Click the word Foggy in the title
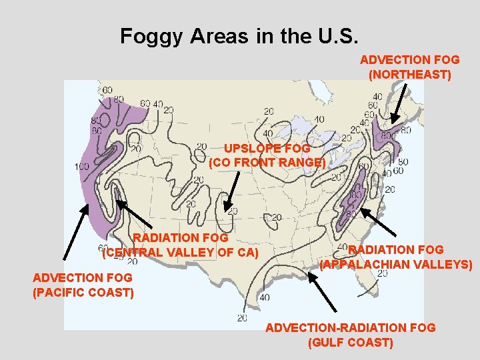152,36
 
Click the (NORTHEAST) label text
409,75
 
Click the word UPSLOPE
248,149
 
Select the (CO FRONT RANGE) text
267,162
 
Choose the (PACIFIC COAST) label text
83,292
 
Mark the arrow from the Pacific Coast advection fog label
75,231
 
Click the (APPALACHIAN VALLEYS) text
396,264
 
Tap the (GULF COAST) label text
351,343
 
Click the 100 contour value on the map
82,166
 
